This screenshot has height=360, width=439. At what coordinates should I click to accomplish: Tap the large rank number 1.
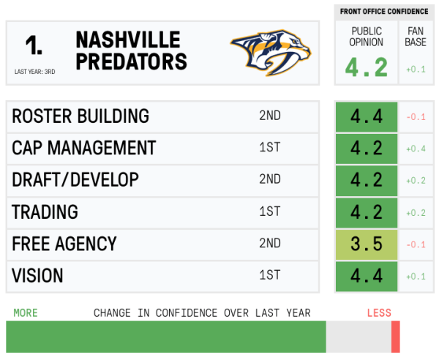click(34, 45)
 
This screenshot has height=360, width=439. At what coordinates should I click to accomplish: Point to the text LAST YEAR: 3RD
click(34, 72)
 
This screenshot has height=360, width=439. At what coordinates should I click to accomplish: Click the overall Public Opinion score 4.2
click(366, 67)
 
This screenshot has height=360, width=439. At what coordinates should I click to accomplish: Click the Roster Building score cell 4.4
click(366, 116)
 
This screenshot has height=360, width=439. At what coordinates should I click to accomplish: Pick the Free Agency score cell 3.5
click(366, 244)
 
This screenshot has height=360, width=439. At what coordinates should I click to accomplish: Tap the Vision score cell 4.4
click(366, 276)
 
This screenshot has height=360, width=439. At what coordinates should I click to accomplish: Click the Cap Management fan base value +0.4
click(416, 149)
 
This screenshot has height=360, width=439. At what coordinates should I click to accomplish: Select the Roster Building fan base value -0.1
click(416, 116)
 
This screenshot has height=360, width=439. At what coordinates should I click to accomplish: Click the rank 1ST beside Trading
click(269, 211)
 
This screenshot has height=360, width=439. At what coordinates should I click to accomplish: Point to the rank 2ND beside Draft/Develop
click(269, 179)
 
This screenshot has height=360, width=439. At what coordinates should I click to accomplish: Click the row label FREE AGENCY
click(64, 244)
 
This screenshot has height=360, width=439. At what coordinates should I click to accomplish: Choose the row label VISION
click(37, 276)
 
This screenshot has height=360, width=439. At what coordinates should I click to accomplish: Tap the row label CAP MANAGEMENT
click(83, 148)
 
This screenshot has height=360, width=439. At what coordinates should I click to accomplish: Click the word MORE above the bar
click(25, 313)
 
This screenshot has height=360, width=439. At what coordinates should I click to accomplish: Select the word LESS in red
click(379, 313)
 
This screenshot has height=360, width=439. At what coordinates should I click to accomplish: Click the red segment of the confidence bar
click(395, 337)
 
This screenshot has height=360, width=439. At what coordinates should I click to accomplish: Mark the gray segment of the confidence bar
click(359, 337)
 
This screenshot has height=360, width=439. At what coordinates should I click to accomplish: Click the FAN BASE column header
click(416, 37)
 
